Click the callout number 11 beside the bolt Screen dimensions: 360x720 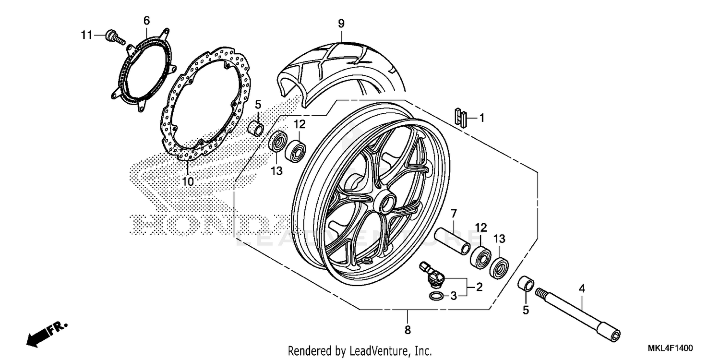click(x=86, y=35)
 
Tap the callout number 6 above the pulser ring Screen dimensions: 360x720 click(x=146, y=20)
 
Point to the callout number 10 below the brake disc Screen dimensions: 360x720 click(x=188, y=181)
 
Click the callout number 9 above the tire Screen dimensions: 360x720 click(x=341, y=23)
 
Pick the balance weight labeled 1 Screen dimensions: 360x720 click(x=461, y=117)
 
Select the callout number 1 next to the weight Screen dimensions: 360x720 click(x=482, y=117)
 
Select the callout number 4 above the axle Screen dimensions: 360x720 click(x=582, y=289)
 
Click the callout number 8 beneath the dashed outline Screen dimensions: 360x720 click(x=408, y=330)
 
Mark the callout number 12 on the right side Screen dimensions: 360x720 click(x=481, y=227)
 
